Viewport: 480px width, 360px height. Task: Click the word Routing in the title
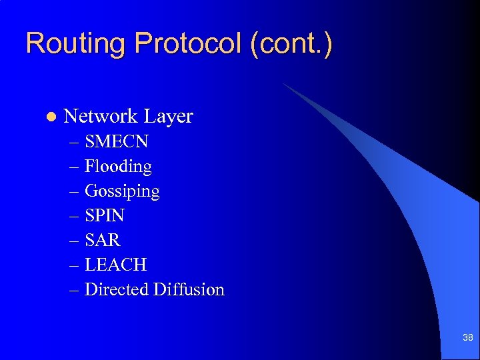[x=75, y=44]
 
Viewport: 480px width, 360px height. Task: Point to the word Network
[x=100, y=116]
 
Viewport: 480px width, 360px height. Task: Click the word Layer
[x=168, y=117]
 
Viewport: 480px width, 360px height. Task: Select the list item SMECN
[x=117, y=141]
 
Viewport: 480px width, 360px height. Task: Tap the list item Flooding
[x=118, y=167]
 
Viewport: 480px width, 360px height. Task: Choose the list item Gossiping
[x=122, y=191]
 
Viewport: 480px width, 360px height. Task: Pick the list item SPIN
[x=105, y=215]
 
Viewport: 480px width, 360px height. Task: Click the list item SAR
[x=103, y=240]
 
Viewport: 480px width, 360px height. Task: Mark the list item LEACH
[x=115, y=265]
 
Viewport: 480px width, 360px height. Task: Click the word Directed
[x=117, y=289]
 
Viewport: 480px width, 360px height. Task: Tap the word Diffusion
[x=189, y=289]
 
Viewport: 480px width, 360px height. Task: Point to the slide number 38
[x=467, y=338]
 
